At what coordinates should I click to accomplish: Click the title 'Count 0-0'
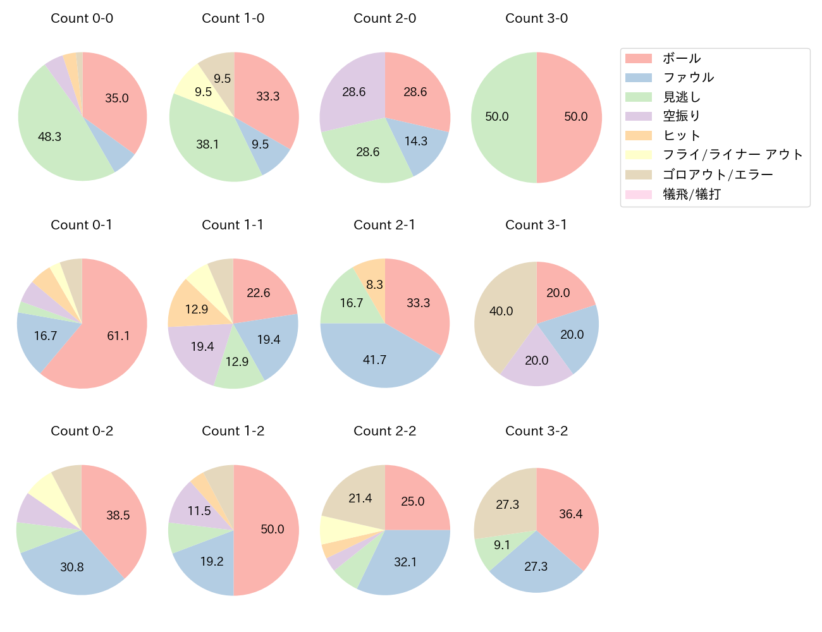[x=82, y=18]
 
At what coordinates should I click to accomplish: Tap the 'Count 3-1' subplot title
[x=536, y=225]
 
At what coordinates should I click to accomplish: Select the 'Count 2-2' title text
[x=384, y=431]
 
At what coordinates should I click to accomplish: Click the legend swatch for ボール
[x=638, y=59]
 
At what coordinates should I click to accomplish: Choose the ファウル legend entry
[x=688, y=78]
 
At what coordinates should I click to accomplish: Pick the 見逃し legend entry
[x=682, y=97]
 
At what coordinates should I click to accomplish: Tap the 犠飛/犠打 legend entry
[x=691, y=195]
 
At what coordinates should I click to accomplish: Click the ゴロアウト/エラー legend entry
[x=718, y=175]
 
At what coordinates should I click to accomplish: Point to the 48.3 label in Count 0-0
[x=49, y=137]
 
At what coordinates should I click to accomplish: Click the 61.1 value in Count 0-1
[x=118, y=336]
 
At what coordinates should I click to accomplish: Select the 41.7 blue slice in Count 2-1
[x=375, y=360]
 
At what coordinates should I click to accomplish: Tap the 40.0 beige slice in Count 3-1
[x=501, y=311]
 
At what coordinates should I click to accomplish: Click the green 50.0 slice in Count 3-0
[x=497, y=117]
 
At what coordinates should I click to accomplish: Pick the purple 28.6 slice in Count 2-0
[x=354, y=92]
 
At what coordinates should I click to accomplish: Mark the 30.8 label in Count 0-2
[x=72, y=567]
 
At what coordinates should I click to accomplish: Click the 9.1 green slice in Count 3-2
[x=502, y=545]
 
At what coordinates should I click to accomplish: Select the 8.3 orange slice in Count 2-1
[x=374, y=284]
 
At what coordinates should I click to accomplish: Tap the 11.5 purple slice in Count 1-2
[x=199, y=511]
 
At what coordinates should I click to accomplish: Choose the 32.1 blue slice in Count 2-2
[x=405, y=562]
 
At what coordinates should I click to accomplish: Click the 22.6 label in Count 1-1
[x=259, y=293]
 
